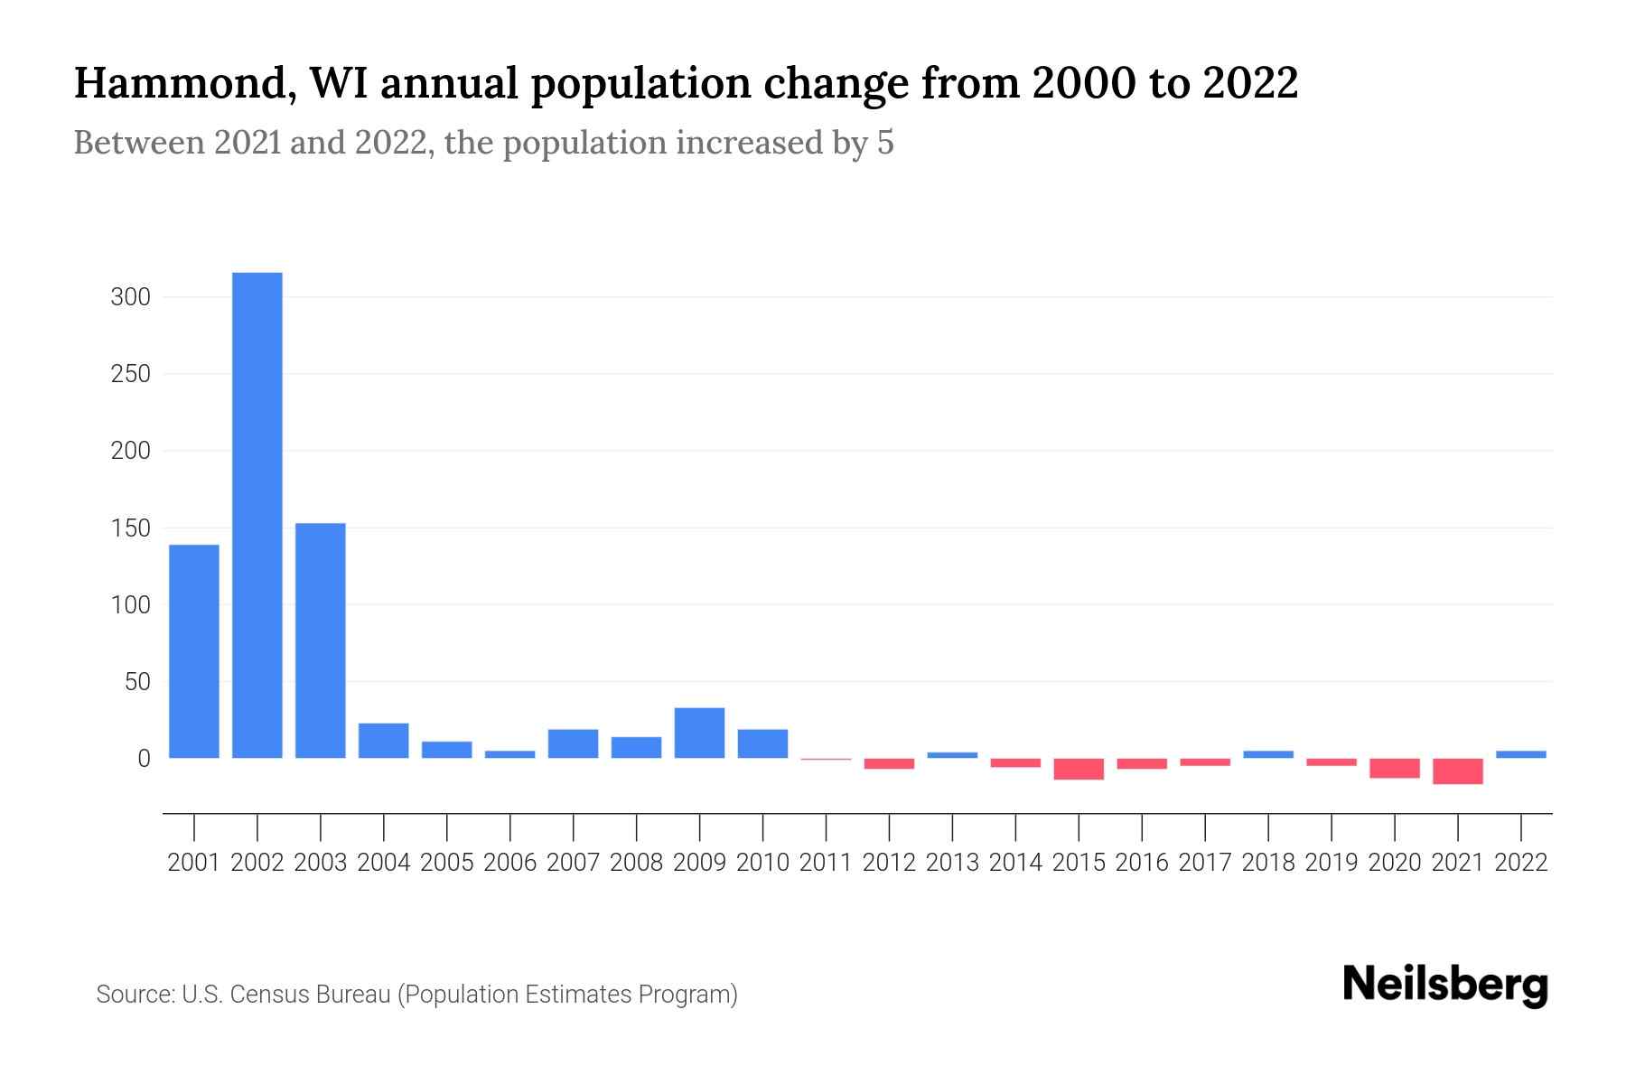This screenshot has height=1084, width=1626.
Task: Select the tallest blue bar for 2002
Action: click(x=257, y=515)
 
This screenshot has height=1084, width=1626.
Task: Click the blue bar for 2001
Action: click(x=194, y=650)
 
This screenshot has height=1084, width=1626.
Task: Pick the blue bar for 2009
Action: click(x=699, y=733)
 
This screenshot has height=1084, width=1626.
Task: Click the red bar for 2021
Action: click(x=1458, y=771)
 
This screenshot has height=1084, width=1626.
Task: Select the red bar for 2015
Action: click(x=1079, y=769)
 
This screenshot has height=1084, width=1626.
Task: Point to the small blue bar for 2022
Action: click(x=1521, y=754)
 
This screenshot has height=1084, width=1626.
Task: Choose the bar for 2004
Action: click(x=384, y=741)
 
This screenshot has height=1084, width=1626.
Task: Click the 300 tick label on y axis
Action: click(x=130, y=297)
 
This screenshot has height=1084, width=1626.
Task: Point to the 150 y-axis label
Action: click(x=130, y=528)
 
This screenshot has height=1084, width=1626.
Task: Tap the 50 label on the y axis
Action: click(x=136, y=682)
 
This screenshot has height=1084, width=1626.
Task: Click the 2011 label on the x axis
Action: click(x=826, y=863)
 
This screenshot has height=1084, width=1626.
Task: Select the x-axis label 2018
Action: click(x=1268, y=863)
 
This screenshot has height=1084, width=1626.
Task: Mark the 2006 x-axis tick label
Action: click(x=510, y=863)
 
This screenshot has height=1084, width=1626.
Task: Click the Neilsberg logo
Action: click(x=1445, y=985)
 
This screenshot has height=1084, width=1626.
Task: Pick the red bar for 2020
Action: click(x=1395, y=768)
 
